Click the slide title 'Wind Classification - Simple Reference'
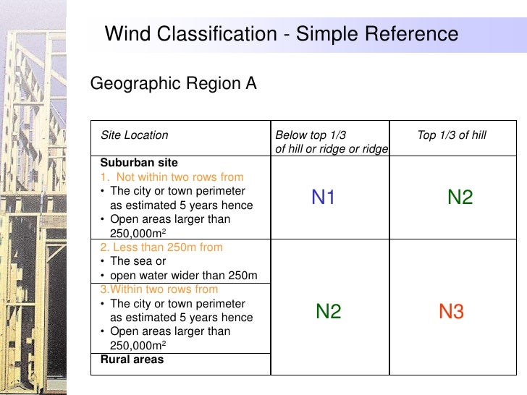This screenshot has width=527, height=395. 281,34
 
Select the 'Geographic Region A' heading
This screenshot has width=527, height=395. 173,84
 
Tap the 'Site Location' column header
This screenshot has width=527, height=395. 134,135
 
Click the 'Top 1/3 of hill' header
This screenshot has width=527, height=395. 452,135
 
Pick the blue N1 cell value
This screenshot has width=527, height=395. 323,197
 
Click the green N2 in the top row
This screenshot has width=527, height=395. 460,197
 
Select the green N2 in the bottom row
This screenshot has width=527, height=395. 328,312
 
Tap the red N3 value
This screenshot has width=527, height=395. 451,312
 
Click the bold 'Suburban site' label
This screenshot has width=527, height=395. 139,163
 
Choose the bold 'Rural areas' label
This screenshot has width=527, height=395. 132,360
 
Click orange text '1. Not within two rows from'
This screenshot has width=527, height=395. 172,177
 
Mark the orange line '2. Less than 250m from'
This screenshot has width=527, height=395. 161,247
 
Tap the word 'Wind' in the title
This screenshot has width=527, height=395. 129,34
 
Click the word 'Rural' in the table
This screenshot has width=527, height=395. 114,360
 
